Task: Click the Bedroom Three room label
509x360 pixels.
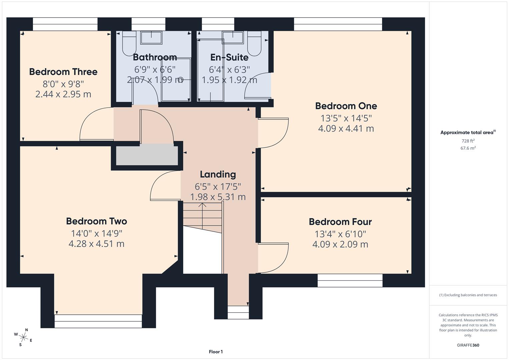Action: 63,72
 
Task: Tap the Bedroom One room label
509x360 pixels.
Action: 346,106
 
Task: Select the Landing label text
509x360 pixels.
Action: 218,174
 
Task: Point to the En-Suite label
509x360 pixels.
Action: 229,57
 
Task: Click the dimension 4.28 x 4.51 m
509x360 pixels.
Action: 96,244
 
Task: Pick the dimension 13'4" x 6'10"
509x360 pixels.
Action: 340,234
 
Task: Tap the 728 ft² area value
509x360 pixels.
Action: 468,141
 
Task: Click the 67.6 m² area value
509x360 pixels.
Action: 468,148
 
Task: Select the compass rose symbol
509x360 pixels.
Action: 23,337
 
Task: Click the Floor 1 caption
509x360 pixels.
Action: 216,352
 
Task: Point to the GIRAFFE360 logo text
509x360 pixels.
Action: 468,345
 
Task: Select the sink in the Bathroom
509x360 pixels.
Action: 151,38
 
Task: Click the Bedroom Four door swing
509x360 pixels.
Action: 275,258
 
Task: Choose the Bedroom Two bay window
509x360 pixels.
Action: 98,321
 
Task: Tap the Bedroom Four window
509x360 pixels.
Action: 350,280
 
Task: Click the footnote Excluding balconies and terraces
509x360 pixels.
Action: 468,295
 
